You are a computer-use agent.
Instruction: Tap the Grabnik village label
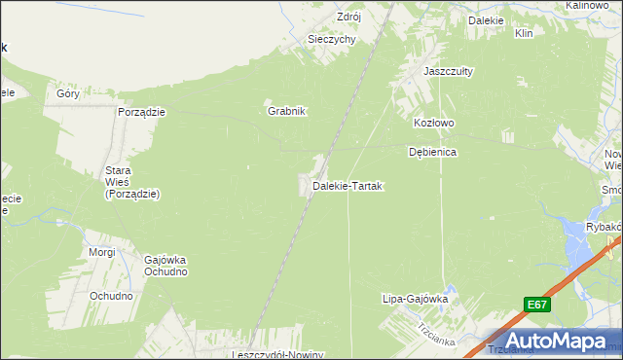click(287, 111)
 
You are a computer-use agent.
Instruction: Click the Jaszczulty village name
click(447, 71)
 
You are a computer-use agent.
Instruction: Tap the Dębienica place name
click(433, 153)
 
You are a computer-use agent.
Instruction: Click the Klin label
click(524, 33)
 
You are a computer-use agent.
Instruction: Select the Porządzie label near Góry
click(142, 112)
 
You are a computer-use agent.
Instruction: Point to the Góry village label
click(67, 94)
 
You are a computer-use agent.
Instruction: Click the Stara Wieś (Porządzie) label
click(132, 182)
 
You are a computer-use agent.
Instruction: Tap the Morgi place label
click(101, 252)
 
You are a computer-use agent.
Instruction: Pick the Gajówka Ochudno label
click(165, 266)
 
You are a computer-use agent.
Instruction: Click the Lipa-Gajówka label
click(415, 300)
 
